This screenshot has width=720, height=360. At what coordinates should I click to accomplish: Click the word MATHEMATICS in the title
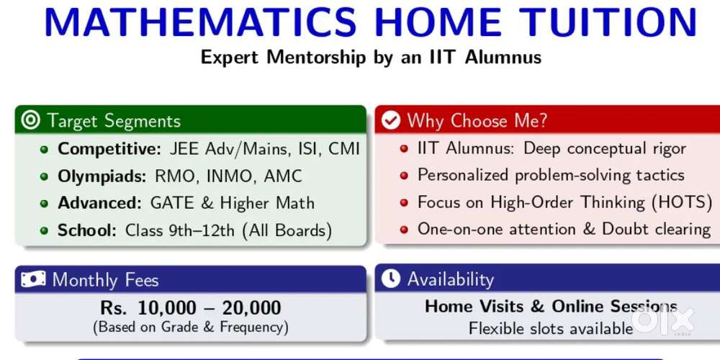200,22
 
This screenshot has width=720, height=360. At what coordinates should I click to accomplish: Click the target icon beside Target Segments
31,120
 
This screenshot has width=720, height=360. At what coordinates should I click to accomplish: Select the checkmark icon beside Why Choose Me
391,121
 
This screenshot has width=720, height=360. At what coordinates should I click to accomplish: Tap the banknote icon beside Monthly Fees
33,279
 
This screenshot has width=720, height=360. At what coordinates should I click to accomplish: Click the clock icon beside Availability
391,279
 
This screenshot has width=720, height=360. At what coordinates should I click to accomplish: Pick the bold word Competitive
109,149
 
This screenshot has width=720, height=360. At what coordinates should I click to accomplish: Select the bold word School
87,230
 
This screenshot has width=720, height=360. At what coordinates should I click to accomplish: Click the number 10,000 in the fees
167,308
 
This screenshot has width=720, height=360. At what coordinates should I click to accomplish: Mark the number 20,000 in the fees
251,308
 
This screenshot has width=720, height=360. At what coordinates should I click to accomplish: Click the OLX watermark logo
662,320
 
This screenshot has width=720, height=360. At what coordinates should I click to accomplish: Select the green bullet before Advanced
44,204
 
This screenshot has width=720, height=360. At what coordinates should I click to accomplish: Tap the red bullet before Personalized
404,176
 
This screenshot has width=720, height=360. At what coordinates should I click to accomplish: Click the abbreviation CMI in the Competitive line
344,149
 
